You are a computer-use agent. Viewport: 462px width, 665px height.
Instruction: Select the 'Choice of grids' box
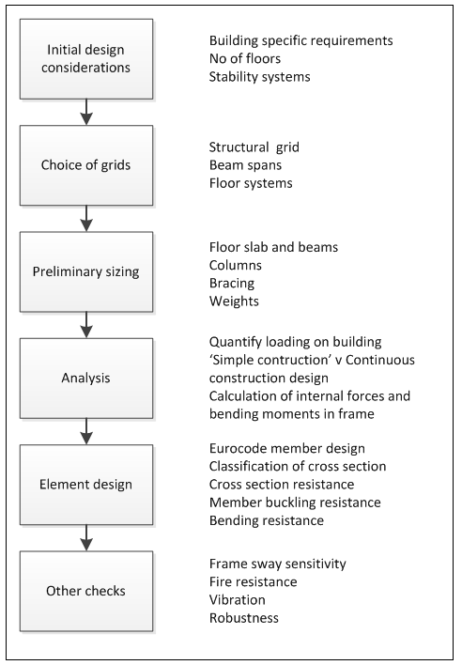pos(86,164)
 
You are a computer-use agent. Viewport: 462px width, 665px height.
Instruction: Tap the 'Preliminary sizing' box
pos(86,271)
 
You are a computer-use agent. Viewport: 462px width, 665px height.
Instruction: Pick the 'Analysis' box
pos(86,379)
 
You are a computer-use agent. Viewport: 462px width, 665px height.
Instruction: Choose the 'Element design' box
pos(86,486)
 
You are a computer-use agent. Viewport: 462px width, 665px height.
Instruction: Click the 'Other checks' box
pos(86,592)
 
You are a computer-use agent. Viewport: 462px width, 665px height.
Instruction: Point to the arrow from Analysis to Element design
pos(86,433)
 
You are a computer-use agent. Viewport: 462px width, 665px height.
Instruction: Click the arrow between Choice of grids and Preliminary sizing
pos(86,219)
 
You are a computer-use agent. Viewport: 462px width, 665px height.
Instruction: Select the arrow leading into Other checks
pos(86,539)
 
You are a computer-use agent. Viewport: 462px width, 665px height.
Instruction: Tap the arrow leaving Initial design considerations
pos(86,112)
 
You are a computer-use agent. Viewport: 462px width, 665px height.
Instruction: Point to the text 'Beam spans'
pos(246,165)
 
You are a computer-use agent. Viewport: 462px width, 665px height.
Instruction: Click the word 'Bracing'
pos(232,282)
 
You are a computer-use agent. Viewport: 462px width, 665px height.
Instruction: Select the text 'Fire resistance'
pos(253,582)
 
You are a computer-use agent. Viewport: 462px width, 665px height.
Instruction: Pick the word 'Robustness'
pos(243,618)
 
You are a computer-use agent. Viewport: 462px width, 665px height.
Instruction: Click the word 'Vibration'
pos(237,600)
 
